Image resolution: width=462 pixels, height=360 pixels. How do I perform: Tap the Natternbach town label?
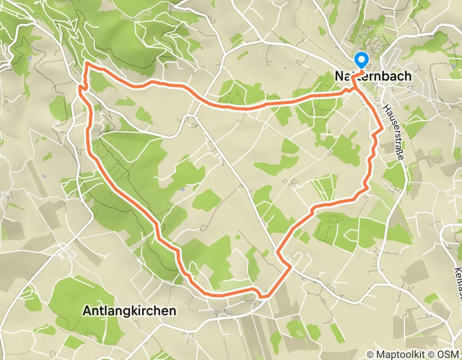click(373, 76)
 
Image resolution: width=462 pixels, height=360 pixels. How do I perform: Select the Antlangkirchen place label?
click(129, 311)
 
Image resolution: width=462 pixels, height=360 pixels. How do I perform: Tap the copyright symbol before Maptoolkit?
click(370, 354)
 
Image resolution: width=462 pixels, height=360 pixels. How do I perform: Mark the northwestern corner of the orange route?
click(86, 64)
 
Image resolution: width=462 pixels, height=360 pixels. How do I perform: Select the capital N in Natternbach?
click(339, 76)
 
